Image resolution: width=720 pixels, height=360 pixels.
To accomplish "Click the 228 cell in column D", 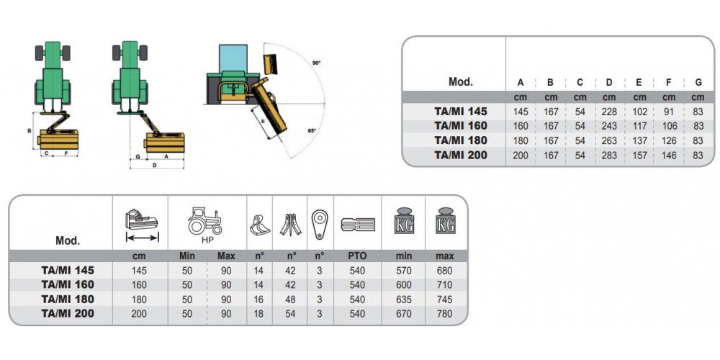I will coord(609,112).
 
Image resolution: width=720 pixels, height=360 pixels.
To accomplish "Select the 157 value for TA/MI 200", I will coord(639,155).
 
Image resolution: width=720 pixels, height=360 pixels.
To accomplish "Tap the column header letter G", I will coord(698,82).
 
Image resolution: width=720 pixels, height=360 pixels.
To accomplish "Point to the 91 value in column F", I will coord(669,112).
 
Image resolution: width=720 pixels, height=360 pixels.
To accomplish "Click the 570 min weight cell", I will coord(404,270).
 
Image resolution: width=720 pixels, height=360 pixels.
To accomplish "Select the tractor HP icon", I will coord(207,220).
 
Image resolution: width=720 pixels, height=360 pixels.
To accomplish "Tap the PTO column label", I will coord(358,256).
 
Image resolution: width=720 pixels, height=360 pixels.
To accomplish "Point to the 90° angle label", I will coord(316,63).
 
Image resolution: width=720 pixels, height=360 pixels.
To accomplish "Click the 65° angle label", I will coord(312,130).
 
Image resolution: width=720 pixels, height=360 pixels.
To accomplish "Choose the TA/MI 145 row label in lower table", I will coord(68,270).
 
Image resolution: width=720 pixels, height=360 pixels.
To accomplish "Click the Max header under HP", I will coord(227,256).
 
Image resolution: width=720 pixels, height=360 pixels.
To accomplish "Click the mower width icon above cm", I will coord(142,223).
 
